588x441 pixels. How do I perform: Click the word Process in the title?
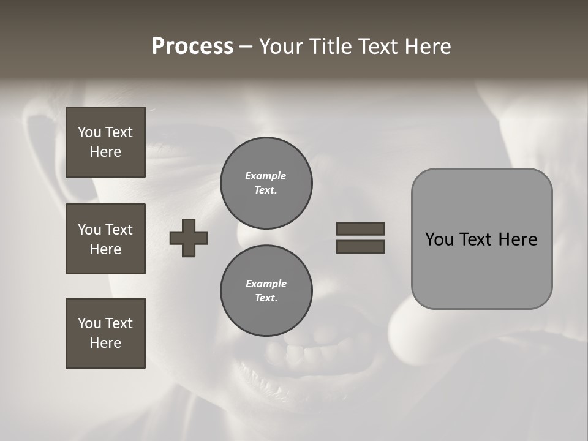(192, 47)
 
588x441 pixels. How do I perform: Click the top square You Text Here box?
(105, 142)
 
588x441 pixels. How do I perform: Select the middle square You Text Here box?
(105, 239)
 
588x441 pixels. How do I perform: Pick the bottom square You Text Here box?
(105, 333)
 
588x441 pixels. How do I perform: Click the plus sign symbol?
(189, 238)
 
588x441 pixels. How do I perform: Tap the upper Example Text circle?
(266, 183)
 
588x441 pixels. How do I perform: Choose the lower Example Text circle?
(266, 290)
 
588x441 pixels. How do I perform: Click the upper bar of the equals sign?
(360, 228)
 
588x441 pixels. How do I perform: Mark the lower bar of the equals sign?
(360, 246)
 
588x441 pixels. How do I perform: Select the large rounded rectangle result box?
(481, 239)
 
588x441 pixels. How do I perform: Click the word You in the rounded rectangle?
(439, 239)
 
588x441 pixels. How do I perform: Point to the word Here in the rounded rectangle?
(518, 239)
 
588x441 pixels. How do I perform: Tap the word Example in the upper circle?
(266, 176)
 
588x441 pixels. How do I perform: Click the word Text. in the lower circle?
(266, 298)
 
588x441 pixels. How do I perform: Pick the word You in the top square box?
(88, 132)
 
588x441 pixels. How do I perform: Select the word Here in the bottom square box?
(105, 343)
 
